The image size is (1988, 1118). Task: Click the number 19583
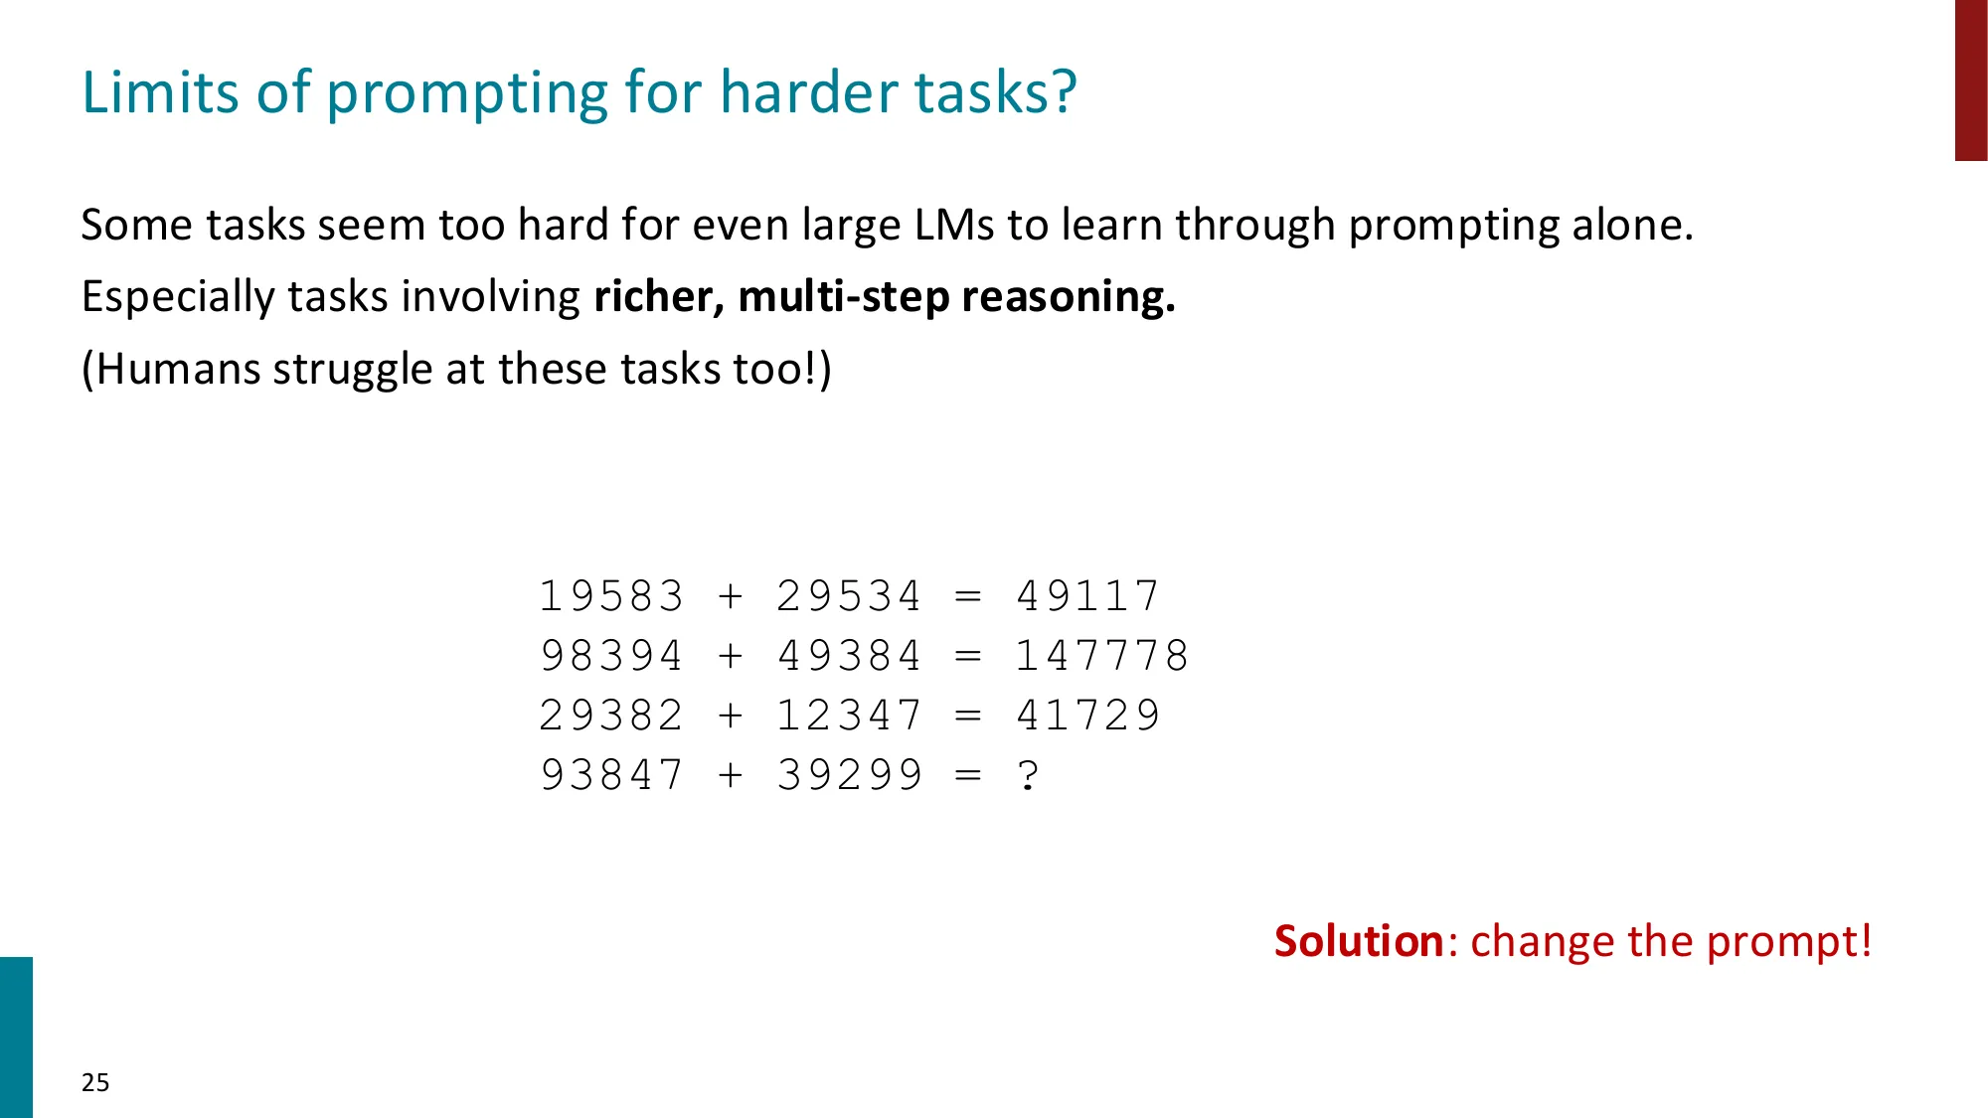coord(610,596)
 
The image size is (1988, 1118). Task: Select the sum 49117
coord(1087,596)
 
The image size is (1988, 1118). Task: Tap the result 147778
coord(1101,656)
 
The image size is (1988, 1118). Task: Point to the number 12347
coord(849,716)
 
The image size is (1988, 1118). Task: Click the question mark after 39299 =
coord(1029,775)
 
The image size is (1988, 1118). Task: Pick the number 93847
coord(610,775)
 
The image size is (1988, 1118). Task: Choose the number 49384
coord(849,656)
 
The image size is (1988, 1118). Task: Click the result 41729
coord(1087,716)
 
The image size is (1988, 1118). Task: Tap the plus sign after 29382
coord(731,716)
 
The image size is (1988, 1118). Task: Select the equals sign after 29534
coord(968,596)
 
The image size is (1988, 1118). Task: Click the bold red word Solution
coord(1358,941)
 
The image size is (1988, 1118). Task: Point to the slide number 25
coord(95,1082)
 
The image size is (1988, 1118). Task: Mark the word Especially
coord(178,297)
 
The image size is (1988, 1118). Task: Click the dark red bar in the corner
coord(1971,80)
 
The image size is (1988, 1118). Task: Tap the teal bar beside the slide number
coord(16,1037)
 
